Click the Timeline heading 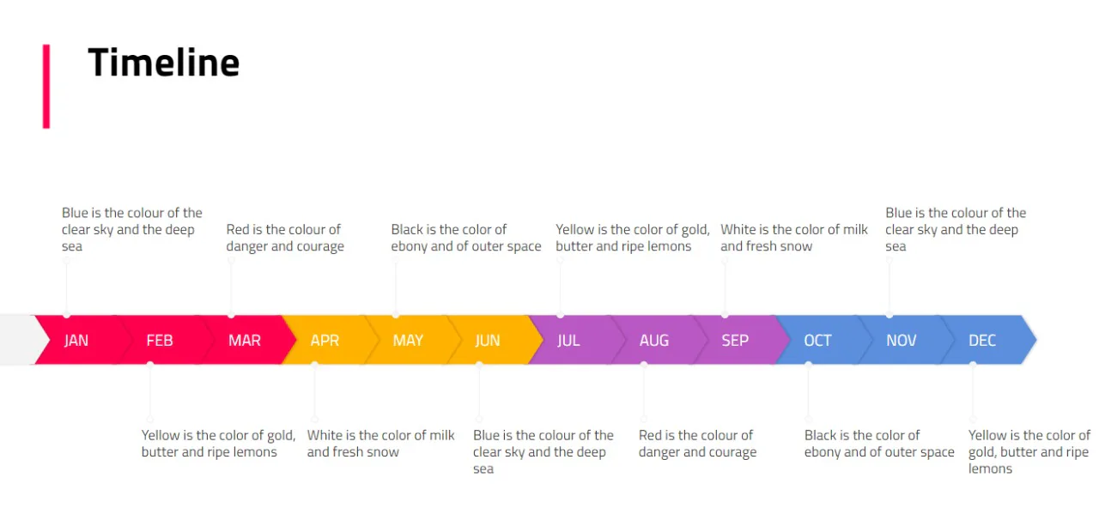click(163, 63)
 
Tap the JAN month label click(76, 341)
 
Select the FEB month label click(160, 341)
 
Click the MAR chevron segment click(244, 341)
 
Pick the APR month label click(325, 341)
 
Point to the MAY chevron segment click(408, 341)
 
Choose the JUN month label click(488, 341)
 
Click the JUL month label click(568, 341)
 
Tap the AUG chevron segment click(653, 341)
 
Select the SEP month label click(735, 341)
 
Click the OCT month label click(817, 341)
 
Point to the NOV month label click(901, 341)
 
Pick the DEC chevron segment click(982, 341)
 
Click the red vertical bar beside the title click(46, 87)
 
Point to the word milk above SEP click(853, 229)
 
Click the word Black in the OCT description click(822, 435)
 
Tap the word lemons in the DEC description click(990, 469)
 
